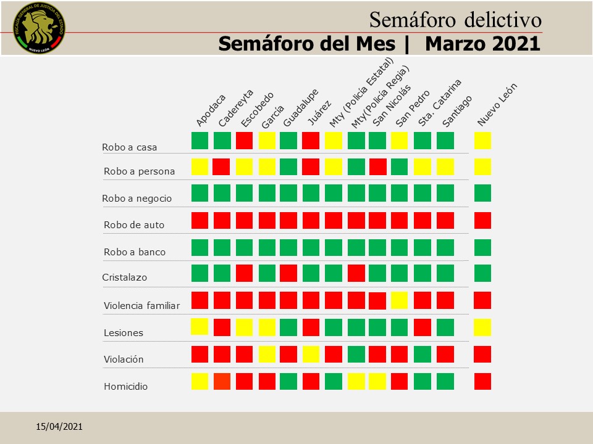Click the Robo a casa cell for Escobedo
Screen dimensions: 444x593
[245, 141]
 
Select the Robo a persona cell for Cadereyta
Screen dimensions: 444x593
[222, 166]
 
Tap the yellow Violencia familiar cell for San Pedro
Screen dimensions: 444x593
[400, 300]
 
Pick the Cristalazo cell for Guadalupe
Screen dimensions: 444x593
[288, 273]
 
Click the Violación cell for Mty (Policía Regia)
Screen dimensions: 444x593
[356, 354]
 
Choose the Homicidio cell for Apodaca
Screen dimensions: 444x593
[200, 382]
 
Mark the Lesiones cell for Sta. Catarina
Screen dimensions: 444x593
[423, 327]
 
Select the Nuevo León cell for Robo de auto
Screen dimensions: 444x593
[482, 220]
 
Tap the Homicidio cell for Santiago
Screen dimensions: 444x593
[445, 381]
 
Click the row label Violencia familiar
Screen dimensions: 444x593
[141, 305]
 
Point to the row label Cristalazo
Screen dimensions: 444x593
[124, 277]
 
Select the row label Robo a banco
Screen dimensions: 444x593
[135, 252]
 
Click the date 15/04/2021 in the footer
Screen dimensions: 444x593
[59, 427]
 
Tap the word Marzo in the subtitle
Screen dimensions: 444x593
[453, 44]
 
